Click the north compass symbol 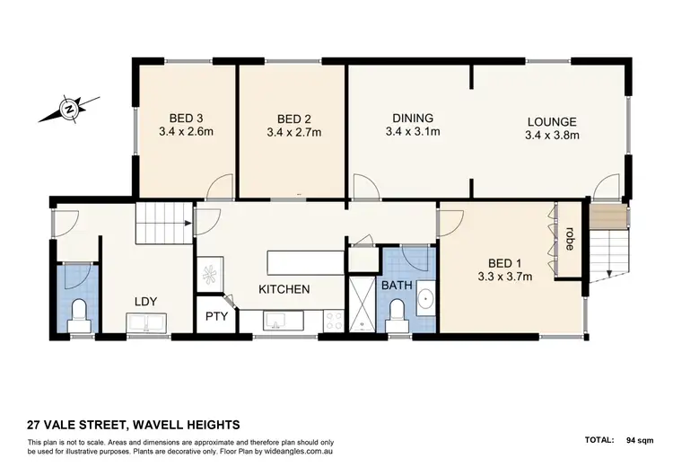66,110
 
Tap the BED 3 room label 185,119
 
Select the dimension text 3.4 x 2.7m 293,133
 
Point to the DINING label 413,118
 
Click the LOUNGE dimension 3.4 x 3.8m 552,137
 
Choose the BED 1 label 503,263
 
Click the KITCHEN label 284,289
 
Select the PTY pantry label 215,316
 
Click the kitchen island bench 305,262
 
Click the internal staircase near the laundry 163,223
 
